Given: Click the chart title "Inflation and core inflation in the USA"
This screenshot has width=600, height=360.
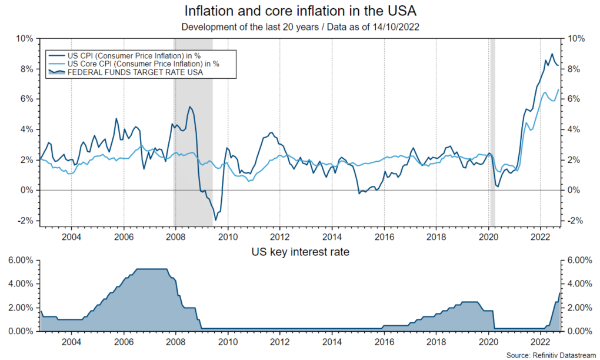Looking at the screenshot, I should (x=300, y=11).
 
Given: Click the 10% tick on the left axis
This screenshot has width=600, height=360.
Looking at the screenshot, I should (x=25, y=39).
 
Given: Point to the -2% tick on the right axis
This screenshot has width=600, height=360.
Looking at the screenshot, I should (x=575, y=221).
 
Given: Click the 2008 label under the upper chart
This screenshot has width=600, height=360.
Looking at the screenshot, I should (x=175, y=236).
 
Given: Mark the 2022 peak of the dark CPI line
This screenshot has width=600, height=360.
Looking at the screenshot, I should (x=552, y=54).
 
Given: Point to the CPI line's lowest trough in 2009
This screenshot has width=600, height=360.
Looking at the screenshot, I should (x=216, y=220).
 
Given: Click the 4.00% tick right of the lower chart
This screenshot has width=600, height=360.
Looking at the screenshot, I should (x=579, y=284).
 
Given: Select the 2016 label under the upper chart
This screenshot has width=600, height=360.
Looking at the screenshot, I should (x=384, y=236).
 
